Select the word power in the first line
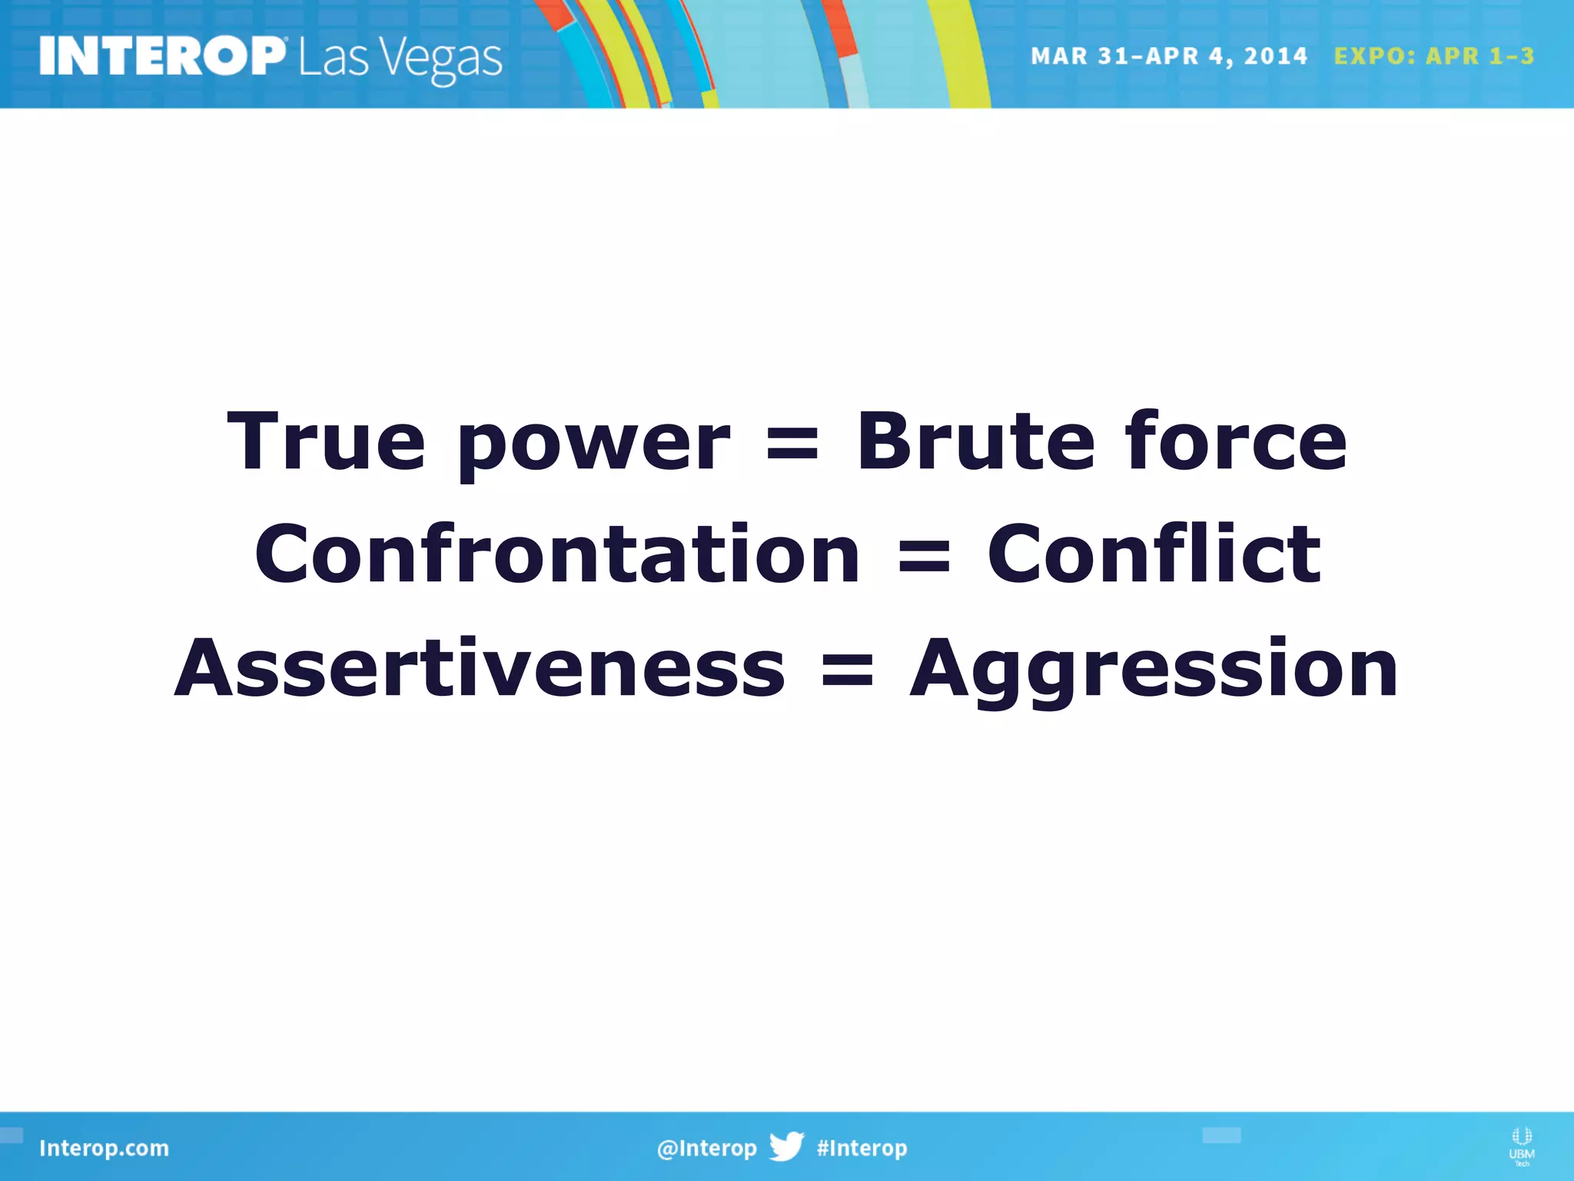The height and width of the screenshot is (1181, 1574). (593, 446)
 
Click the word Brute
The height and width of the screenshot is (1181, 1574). (975, 441)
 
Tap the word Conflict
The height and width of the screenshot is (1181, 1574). (1154, 554)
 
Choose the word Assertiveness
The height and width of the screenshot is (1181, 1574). (480, 669)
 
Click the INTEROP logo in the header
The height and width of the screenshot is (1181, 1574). (162, 56)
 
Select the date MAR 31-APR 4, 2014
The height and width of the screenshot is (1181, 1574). (1168, 56)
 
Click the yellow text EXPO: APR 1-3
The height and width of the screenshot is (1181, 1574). (1433, 56)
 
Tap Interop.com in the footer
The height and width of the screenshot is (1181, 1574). (104, 1148)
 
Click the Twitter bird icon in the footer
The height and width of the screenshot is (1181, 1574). (787, 1146)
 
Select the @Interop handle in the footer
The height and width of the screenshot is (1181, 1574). (706, 1148)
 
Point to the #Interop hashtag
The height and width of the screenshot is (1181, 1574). (862, 1148)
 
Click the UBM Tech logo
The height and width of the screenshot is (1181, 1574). (1521, 1146)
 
